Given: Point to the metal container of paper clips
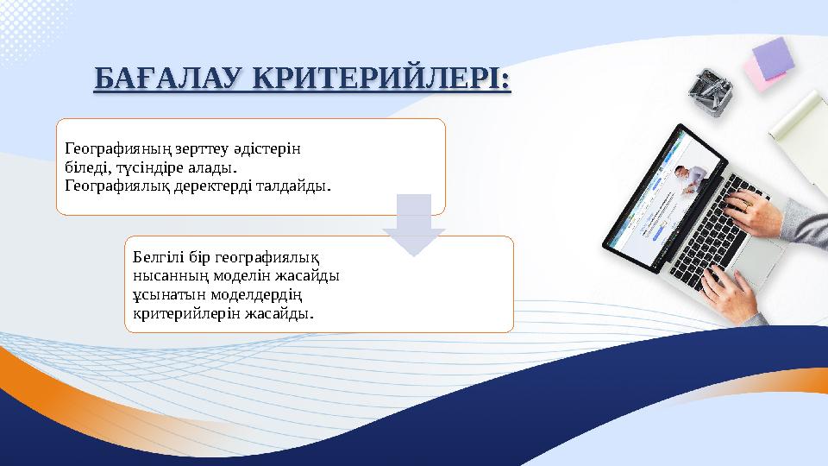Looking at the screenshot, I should [712, 90].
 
